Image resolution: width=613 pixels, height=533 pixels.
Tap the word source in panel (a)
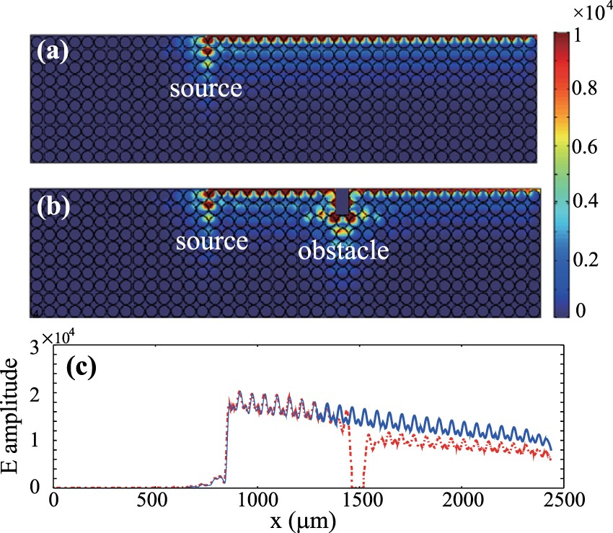point(206,89)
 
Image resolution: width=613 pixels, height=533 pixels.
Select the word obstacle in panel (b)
point(344,251)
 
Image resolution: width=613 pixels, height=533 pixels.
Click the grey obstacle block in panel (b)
point(343,200)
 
